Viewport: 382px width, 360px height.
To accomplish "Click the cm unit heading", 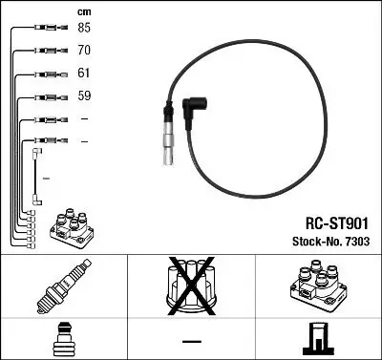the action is tap(82, 10).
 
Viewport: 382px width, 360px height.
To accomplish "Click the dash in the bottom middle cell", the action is tap(191, 340).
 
